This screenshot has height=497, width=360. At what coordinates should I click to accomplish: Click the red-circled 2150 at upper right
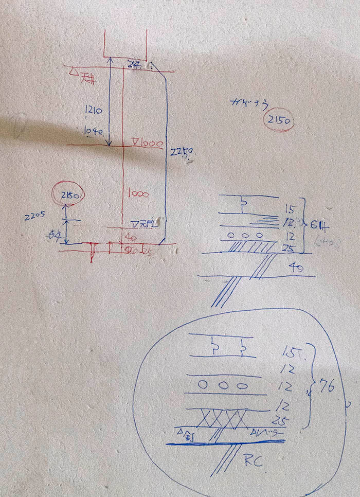click(x=278, y=121)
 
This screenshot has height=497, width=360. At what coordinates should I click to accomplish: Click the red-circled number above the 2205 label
click(x=70, y=195)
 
